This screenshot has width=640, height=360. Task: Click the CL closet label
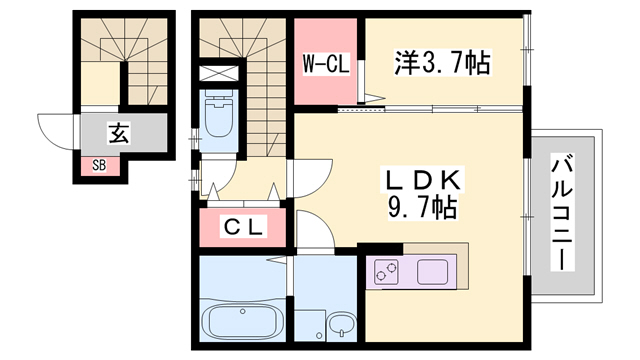pyautogui.click(x=243, y=227)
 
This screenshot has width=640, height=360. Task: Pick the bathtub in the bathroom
pyautogui.click(x=243, y=322)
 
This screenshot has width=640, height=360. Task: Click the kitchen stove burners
pyautogui.click(x=386, y=270)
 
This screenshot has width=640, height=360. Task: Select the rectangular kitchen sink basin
pyautogui.click(x=433, y=270)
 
